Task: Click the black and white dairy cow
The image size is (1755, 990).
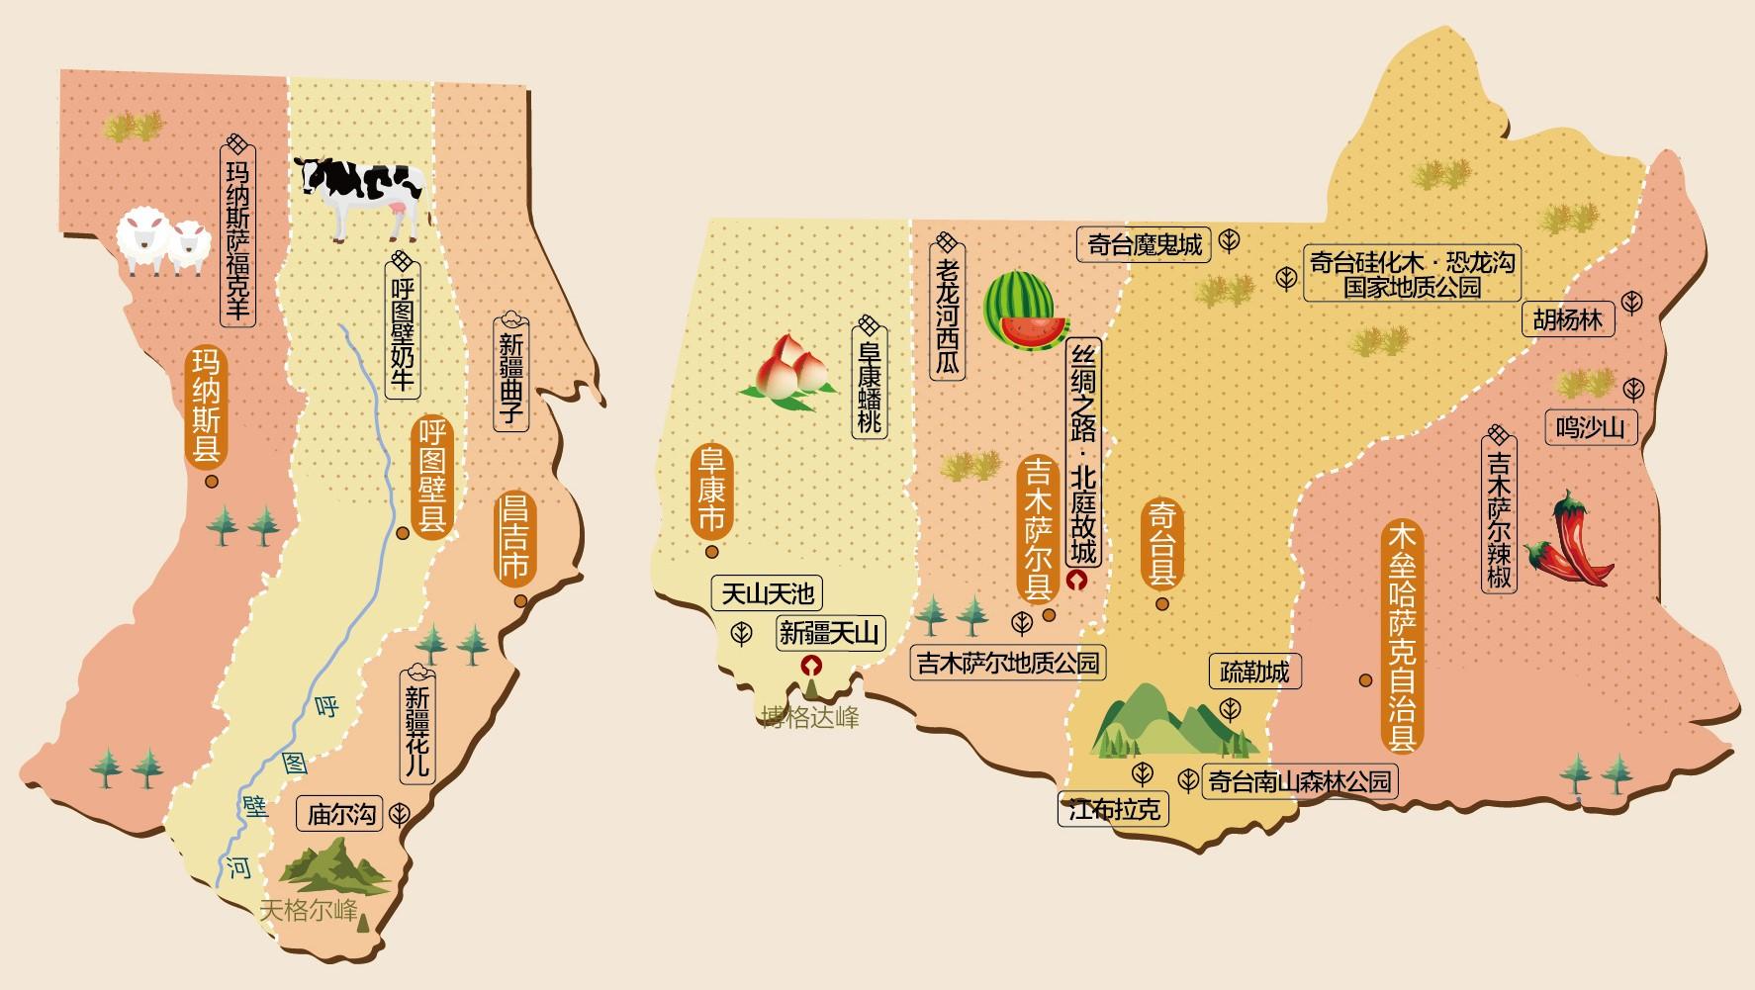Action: pyautogui.click(x=364, y=195)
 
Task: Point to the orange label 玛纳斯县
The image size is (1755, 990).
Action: pyautogui.click(x=207, y=405)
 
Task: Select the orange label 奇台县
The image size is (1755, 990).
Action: pyautogui.click(x=1161, y=543)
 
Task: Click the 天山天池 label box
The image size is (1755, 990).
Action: pyautogui.click(x=767, y=592)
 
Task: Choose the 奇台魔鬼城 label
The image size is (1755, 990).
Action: pyautogui.click(x=1144, y=244)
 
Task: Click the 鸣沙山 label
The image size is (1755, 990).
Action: pyautogui.click(x=1590, y=427)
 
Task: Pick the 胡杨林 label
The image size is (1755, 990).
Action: pyautogui.click(x=1567, y=319)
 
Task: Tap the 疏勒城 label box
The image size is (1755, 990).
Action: pyautogui.click(x=1253, y=672)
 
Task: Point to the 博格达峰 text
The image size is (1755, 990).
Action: pyautogui.click(x=809, y=717)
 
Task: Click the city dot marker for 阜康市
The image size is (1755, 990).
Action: pyautogui.click(x=710, y=551)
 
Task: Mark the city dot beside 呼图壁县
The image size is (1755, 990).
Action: pyautogui.click(x=403, y=533)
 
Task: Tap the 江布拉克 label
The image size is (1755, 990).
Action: pyautogui.click(x=1113, y=810)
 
